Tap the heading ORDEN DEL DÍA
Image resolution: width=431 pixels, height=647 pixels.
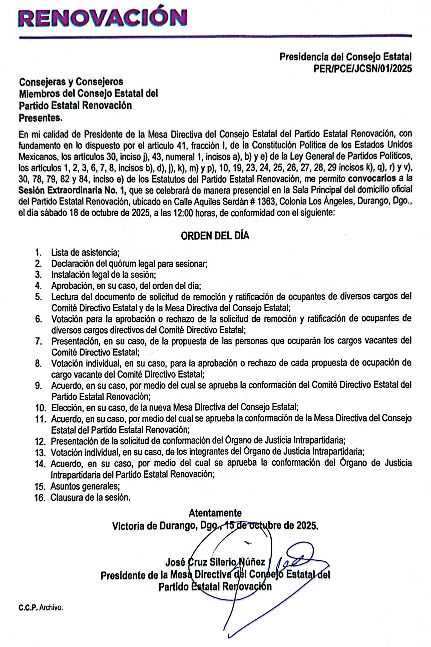point(215,236)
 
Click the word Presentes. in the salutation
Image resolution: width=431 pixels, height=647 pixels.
point(41,118)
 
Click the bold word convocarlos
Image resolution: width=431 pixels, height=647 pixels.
point(372,179)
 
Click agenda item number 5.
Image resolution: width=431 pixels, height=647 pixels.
point(38,297)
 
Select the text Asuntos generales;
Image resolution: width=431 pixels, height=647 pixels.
point(85,486)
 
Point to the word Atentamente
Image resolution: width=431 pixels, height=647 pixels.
point(215,513)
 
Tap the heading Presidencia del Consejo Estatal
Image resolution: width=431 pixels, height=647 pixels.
point(346,57)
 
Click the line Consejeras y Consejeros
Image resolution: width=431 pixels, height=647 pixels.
point(71,82)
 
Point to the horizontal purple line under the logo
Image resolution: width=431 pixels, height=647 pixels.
point(215,36)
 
